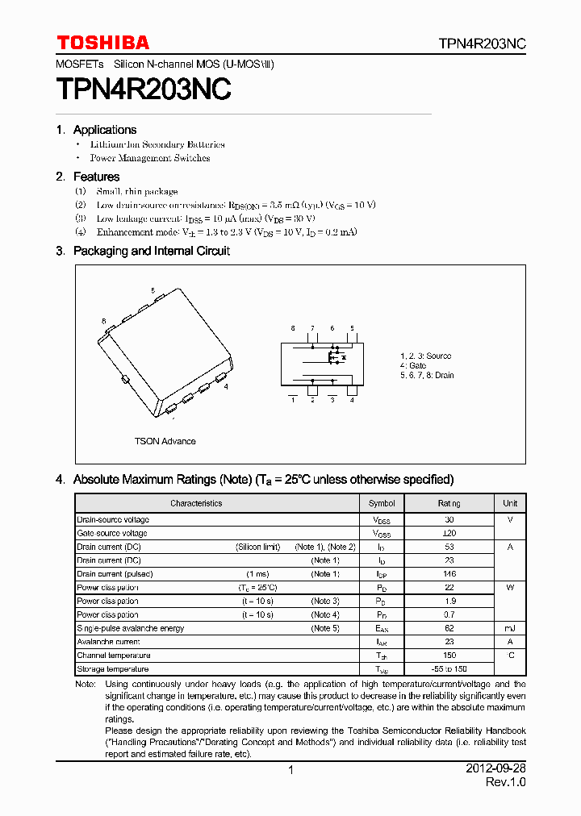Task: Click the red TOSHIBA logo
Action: [x=102, y=43]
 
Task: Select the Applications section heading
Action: [x=104, y=130]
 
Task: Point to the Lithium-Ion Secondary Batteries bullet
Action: [x=157, y=144]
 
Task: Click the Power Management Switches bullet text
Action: [x=149, y=158]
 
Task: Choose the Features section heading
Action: [x=96, y=177]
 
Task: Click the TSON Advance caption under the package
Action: [x=165, y=441]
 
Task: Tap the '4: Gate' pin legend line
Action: [x=412, y=365]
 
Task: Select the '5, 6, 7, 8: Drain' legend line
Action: [x=426, y=375]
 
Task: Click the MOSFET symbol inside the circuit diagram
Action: [x=335, y=356]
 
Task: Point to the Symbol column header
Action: [x=382, y=503]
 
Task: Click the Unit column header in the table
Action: [x=510, y=503]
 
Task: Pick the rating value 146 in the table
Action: [x=449, y=574]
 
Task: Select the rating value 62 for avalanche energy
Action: [x=449, y=628]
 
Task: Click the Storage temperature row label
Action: [x=113, y=669]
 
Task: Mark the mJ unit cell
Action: [x=510, y=628]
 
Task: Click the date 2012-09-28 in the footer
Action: [x=495, y=769]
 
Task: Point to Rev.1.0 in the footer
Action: [x=505, y=783]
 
